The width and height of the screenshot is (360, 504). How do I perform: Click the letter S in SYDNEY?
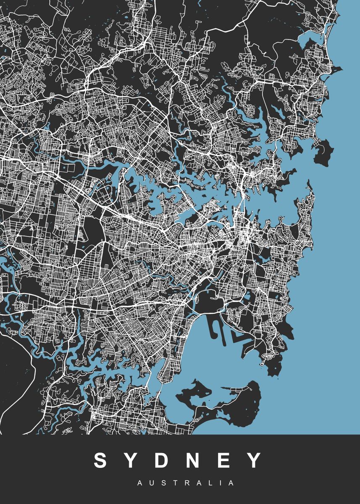point(101,460)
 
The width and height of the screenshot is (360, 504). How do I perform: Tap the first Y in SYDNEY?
point(134,460)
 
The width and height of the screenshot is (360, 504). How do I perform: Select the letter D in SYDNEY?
point(166,460)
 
